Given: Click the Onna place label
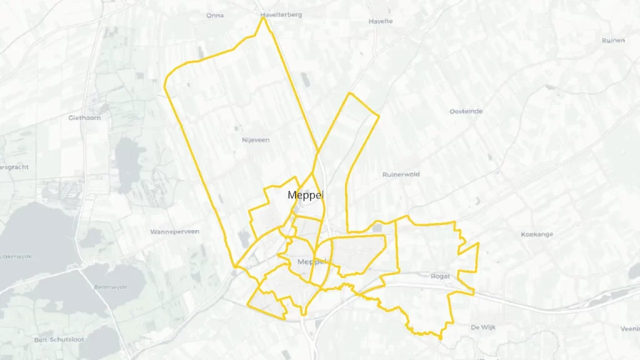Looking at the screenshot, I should click(215, 16).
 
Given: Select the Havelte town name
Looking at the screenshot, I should click(381, 21).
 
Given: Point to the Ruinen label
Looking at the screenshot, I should click(613, 40).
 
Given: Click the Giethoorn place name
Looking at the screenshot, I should click(85, 117).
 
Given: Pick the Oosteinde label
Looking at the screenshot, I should click(466, 111).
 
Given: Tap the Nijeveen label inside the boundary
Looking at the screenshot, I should click(256, 140).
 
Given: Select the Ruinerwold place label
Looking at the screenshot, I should click(400, 175).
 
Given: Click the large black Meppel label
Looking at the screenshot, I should click(306, 195).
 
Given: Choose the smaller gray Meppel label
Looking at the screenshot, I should click(312, 261).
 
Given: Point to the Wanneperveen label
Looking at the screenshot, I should click(174, 231).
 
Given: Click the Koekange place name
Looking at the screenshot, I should click(538, 234).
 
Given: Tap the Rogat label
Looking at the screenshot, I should click(441, 276).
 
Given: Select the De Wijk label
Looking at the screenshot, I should click(483, 327).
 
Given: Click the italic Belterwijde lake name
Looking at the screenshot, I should click(110, 287).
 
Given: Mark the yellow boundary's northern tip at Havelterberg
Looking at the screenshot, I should click(263, 18).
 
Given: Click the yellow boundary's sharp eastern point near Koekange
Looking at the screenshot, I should click(478, 242).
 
